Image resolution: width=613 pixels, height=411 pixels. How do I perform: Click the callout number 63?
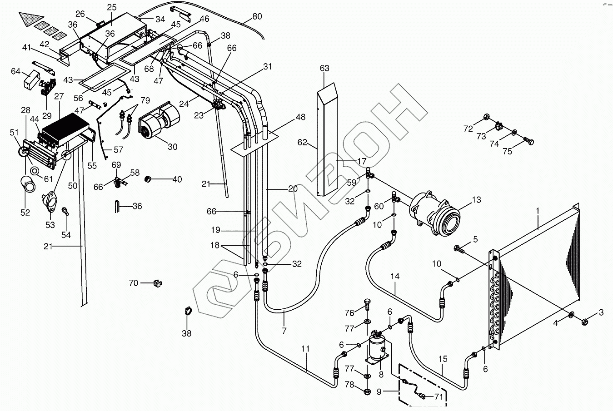324,68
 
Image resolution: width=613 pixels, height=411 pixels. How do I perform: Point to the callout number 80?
257,16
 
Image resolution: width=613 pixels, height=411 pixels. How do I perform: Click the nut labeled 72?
487,117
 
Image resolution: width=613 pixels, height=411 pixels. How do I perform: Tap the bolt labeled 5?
459,249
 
